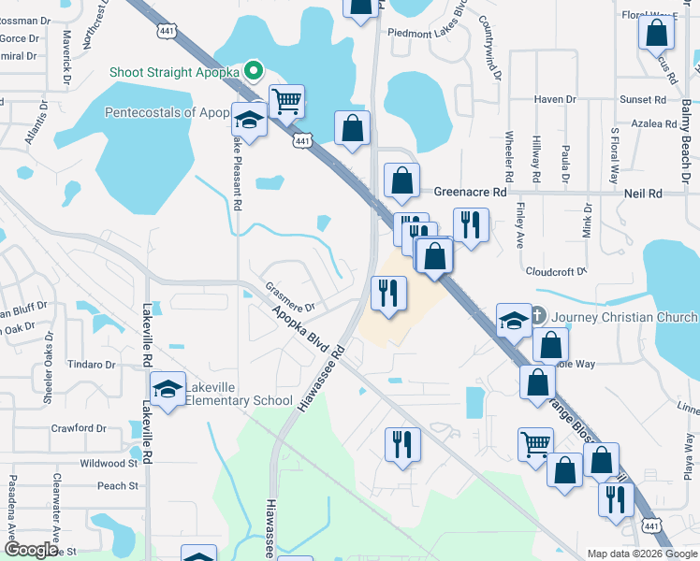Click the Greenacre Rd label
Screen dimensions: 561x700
[x=470, y=192]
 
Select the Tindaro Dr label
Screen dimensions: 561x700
[x=91, y=365]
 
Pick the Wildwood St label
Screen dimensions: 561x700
[x=109, y=463]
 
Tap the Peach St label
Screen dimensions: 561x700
[x=118, y=486]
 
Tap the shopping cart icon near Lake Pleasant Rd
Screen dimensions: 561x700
[x=286, y=101]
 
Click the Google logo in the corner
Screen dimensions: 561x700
[x=31, y=550]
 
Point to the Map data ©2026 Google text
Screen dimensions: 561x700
[x=642, y=553]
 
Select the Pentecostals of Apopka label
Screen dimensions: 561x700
[x=167, y=113]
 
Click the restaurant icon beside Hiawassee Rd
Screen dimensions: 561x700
[x=387, y=294]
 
